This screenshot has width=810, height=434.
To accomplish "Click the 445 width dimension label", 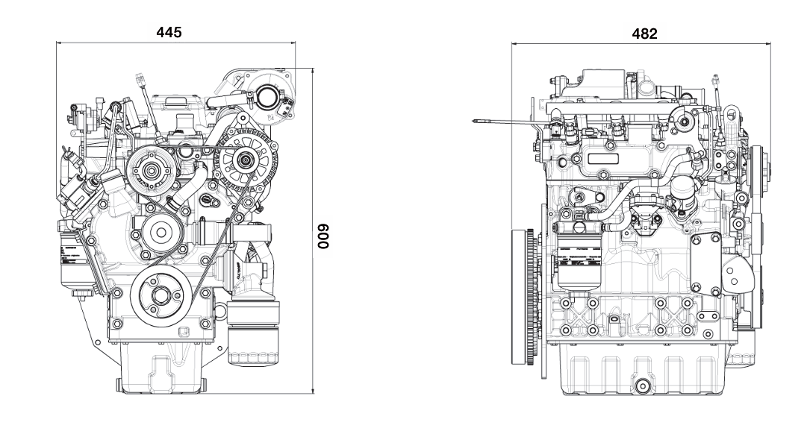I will (x=169, y=32).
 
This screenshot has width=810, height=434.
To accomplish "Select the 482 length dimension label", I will (x=644, y=34).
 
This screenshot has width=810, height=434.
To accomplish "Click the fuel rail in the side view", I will (x=605, y=110).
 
